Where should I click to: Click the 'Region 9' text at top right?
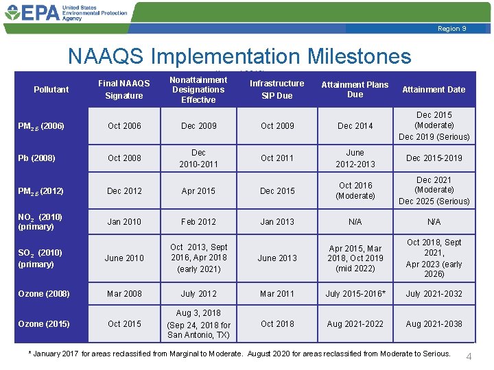(451, 28)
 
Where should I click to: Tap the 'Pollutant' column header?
(51, 90)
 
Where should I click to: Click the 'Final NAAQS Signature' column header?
(124, 90)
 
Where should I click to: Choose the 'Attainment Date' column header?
(433, 90)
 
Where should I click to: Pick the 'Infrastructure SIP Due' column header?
(277, 90)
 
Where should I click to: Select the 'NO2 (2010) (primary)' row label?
(41, 222)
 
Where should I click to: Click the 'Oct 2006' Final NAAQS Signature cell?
(124, 126)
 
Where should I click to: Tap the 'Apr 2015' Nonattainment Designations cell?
(198, 191)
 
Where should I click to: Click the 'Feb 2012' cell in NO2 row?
(198, 222)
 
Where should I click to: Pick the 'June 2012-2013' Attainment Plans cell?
(355, 158)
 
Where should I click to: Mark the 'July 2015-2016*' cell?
(355, 294)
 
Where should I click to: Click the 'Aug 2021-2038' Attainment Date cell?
(433, 323)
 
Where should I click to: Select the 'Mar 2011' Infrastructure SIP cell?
(277, 294)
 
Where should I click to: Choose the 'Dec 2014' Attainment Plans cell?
(355, 126)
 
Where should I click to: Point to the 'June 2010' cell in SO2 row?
(124, 258)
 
